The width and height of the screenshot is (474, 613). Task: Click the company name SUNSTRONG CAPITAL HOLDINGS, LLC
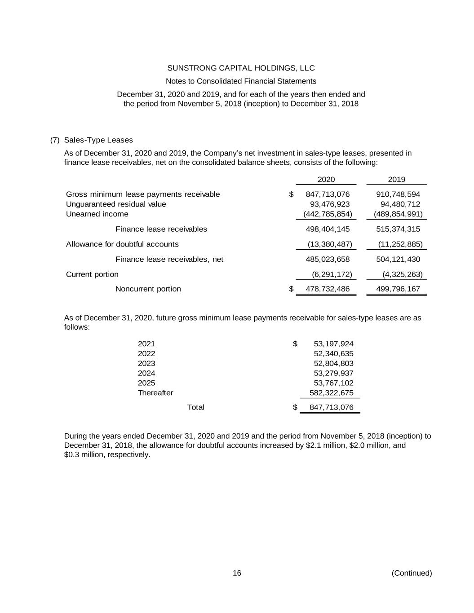click(x=241, y=68)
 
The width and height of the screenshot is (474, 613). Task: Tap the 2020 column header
click(x=326, y=180)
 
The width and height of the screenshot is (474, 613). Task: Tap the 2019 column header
click(x=396, y=180)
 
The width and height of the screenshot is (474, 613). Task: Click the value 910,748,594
click(x=398, y=194)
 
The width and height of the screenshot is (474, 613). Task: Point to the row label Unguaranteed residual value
click(x=116, y=204)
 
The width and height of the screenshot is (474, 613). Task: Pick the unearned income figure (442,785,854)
click(x=328, y=214)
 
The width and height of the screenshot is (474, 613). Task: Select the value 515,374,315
click(x=398, y=229)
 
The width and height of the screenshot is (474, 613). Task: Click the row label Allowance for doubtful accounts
click(x=122, y=244)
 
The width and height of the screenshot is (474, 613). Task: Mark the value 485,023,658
click(x=328, y=260)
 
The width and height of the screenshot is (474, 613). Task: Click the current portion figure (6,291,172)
click(x=332, y=274)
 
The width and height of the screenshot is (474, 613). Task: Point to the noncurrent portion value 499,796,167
click(x=398, y=289)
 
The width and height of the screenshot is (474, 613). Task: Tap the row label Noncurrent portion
click(x=148, y=289)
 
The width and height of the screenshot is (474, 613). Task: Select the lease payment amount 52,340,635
click(x=333, y=354)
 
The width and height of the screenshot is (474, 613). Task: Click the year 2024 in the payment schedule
click(x=146, y=374)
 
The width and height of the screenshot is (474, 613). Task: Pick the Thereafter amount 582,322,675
click(x=332, y=393)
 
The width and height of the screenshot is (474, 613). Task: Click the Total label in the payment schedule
click(x=195, y=407)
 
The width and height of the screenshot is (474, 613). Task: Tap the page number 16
click(x=237, y=573)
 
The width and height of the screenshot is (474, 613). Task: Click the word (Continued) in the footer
click(x=412, y=573)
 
